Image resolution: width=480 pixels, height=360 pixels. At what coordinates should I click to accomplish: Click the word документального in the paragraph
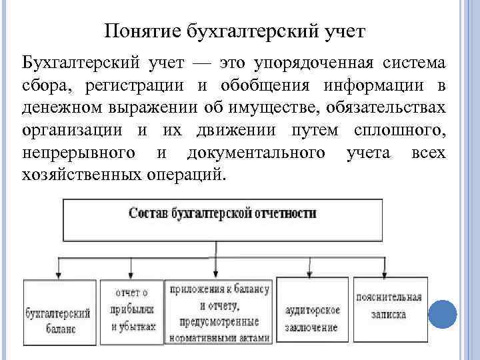(x=257, y=153)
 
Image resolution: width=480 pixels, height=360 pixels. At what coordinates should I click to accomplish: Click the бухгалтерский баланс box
(x=59, y=311)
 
